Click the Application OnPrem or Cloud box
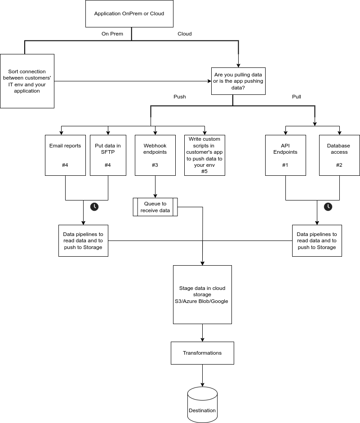point(129,14)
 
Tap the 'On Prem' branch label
point(112,34)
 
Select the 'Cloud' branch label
point(185,34)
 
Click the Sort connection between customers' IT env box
point(27,81)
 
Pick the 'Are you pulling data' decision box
point(238,81)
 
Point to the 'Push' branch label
point(180,97)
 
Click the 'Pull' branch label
point(297,97)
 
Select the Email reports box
point(65,156)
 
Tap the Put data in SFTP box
point(108,156)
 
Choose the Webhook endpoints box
point(156,156)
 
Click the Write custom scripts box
point(204,156)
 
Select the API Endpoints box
point(285,156)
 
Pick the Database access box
point(339,156)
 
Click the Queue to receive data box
point(156,207)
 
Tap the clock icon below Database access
point(328,207)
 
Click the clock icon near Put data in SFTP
point(94,207)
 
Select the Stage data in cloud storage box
point(203,294)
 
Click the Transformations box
point(203,353)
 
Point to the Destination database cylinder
point(203,405)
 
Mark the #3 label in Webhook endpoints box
point(155,165)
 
